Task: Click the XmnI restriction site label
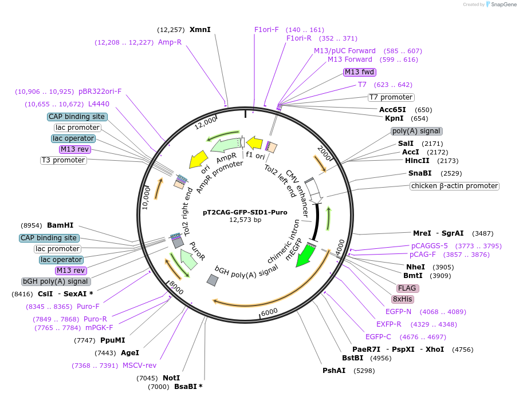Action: pyautogui.click(x=200, y=30)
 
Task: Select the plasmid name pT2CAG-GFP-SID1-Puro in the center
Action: pyautogui.click(x=245, y=212)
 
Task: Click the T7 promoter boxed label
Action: pyautogui.click(x=391, y=97)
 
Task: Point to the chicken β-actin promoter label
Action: pyautogui.click(x=454, y=186)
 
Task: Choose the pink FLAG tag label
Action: pyautogui.click(x=407, y=288)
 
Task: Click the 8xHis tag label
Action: pyautogui.click(x=403, y=299)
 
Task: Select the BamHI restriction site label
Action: pyautogui.click(x=60, y=225)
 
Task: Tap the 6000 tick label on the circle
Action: pyautogui.click(x=269, y=312)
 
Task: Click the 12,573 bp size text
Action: pyautogui.click(x=245, y=220)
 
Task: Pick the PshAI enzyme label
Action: pyautogui.click(x=334, y=371)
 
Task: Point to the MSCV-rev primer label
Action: pyautogui.click(x=139, y=366)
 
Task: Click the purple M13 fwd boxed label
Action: pyautogui.click(x=359, y=72)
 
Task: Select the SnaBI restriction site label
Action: pyautogui.click(x=420, y=173)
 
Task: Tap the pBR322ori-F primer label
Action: pyautogui.click(x=100, y=92)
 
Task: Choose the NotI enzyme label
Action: pyautogui.click(x=171, y=378)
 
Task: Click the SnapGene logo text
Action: pyautogui.click(x=504, y=5)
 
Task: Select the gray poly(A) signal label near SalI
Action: pyautogui.click(x=416, y=131)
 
